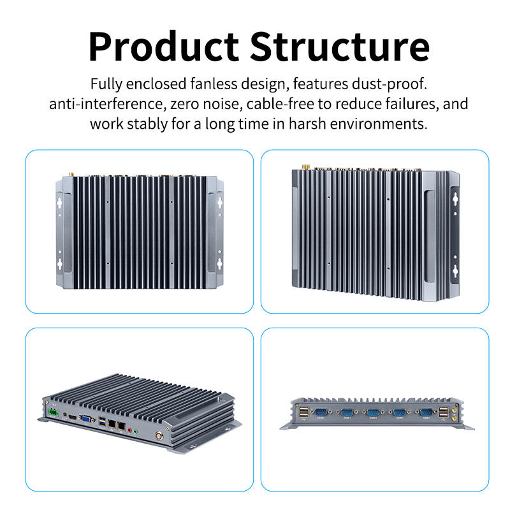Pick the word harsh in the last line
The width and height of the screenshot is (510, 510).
click(310, 123)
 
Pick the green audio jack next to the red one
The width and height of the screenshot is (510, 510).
click(135, 432)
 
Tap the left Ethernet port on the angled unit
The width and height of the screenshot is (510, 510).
click(112, 424)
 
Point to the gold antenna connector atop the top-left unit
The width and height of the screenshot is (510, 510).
click(71, 173)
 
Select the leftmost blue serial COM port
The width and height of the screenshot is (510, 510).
click(321, 412)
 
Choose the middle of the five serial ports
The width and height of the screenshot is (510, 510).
click(373, 412)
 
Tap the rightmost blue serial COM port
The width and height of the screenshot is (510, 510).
click(424, 412)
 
